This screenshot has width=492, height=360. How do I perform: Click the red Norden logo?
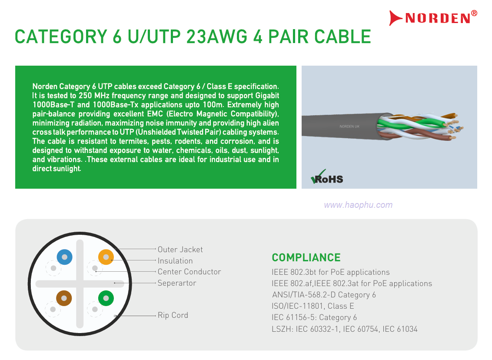(433, 17)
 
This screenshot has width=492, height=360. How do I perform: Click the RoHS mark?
(327, 177)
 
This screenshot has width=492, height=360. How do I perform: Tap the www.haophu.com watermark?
(358, 205)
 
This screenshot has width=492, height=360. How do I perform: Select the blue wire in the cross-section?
(65, 257)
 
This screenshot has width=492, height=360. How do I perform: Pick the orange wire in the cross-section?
(106, 257)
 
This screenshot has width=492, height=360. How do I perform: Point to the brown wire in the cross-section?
(64, 298)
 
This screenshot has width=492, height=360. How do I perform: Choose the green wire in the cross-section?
(106, 298)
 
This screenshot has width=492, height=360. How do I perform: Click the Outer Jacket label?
(180, 250)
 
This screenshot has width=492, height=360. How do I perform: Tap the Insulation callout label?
(175, 261)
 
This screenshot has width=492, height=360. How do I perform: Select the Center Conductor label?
(189, 272)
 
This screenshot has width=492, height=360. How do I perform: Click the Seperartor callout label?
(176, 283)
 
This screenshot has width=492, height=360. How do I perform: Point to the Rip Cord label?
(173, 315)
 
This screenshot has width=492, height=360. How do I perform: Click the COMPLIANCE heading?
(306, 258)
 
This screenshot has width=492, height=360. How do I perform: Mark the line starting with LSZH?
(345, 329)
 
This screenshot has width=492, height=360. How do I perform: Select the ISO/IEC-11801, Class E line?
(313, 306)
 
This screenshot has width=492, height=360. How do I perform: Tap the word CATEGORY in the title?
(61, 37)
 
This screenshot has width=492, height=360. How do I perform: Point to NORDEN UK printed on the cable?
(349, 127)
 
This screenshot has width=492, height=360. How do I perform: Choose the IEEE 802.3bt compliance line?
(331, 272)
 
